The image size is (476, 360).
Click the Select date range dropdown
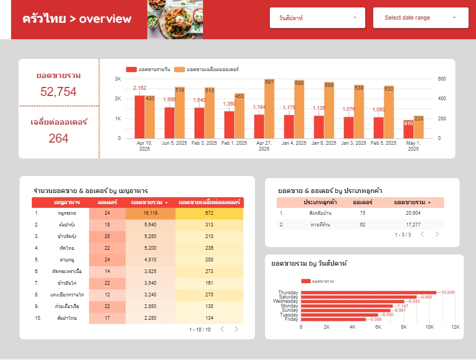point(420,17)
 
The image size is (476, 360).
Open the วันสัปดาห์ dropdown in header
point(317,17)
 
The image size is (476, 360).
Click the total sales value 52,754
point(58,92)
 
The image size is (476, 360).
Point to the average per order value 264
point(58,138)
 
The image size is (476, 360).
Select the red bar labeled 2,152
point(139,117)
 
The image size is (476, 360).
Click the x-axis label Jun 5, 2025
point(174,143)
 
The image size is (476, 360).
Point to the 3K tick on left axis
point(118,79)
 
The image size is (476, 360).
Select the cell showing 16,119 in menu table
point(150,213)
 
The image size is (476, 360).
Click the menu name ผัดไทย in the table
point(66,248)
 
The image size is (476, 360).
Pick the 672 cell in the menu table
point(209,213)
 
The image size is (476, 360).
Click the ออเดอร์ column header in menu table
point(107,202)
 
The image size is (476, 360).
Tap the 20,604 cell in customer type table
point(412,213)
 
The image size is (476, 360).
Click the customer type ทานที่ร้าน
point(320,224)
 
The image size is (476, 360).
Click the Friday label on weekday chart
point(291,319)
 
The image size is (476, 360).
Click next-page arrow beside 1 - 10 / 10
point(236,329)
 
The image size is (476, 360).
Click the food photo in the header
point(175,20)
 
